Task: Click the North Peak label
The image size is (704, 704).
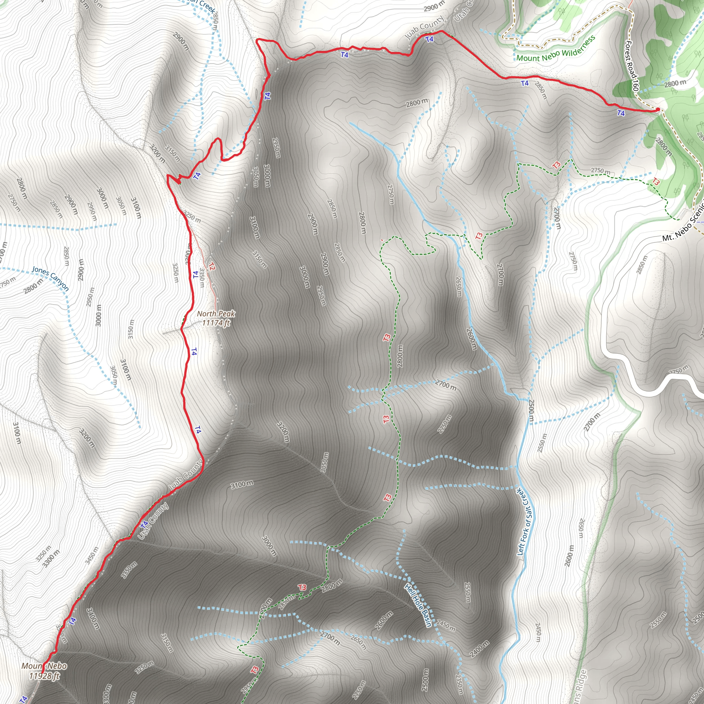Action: tap(216, 314)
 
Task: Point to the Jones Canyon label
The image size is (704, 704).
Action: tap(50, 278)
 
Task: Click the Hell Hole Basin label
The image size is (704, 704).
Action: tap(418, 605)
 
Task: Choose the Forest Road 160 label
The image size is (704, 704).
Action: tap(632, 66)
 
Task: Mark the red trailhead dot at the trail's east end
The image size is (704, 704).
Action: tap(658, 109)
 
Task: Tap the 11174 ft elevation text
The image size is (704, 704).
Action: tap(216, 323)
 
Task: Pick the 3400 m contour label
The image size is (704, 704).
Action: tap(93, 618)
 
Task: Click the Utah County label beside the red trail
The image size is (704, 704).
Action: tap(153, 521)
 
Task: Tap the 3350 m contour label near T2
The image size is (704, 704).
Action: tap(201, 277)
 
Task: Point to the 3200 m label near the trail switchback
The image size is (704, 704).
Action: tap(157, 154)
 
